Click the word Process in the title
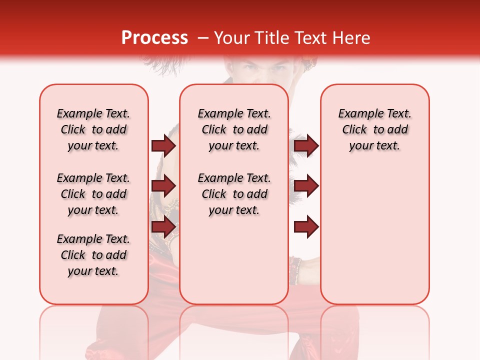[x=154, y=38]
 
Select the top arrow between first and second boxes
[x=163, y=145]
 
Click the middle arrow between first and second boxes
[x=163, y=186]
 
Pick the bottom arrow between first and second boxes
[x=163, y=226]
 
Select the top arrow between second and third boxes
[x=306, y=145]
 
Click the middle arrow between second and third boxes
[x=306, y=186]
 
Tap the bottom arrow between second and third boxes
[x=306, y=226]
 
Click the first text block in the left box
[x=93, y=129]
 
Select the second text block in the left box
[x=93, y=194]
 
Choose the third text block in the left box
[x=93, y=255]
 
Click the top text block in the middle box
[x=234, y=129]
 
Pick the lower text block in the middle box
[x=234, y=194]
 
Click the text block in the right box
[x=374, y=129]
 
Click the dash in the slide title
[x=203, y=38]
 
